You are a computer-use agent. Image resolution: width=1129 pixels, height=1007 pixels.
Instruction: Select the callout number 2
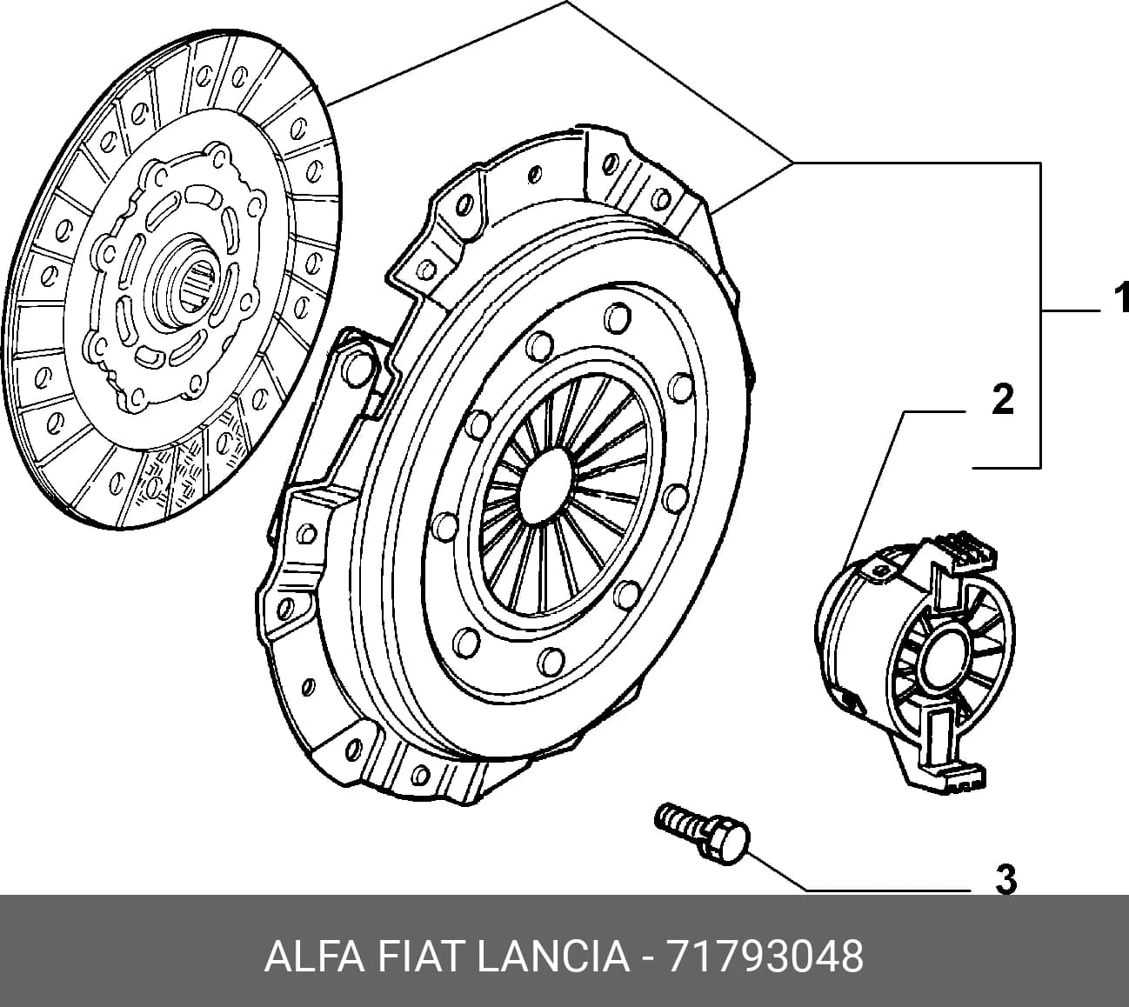point(1003,398)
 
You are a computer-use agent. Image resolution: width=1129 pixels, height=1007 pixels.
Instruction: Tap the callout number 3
point(1005,881)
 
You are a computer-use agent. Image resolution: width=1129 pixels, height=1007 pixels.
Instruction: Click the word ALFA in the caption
point(314,957)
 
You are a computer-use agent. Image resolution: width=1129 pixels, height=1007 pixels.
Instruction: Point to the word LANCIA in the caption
point(553,957)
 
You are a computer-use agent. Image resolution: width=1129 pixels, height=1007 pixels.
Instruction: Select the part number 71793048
point(765,957)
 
